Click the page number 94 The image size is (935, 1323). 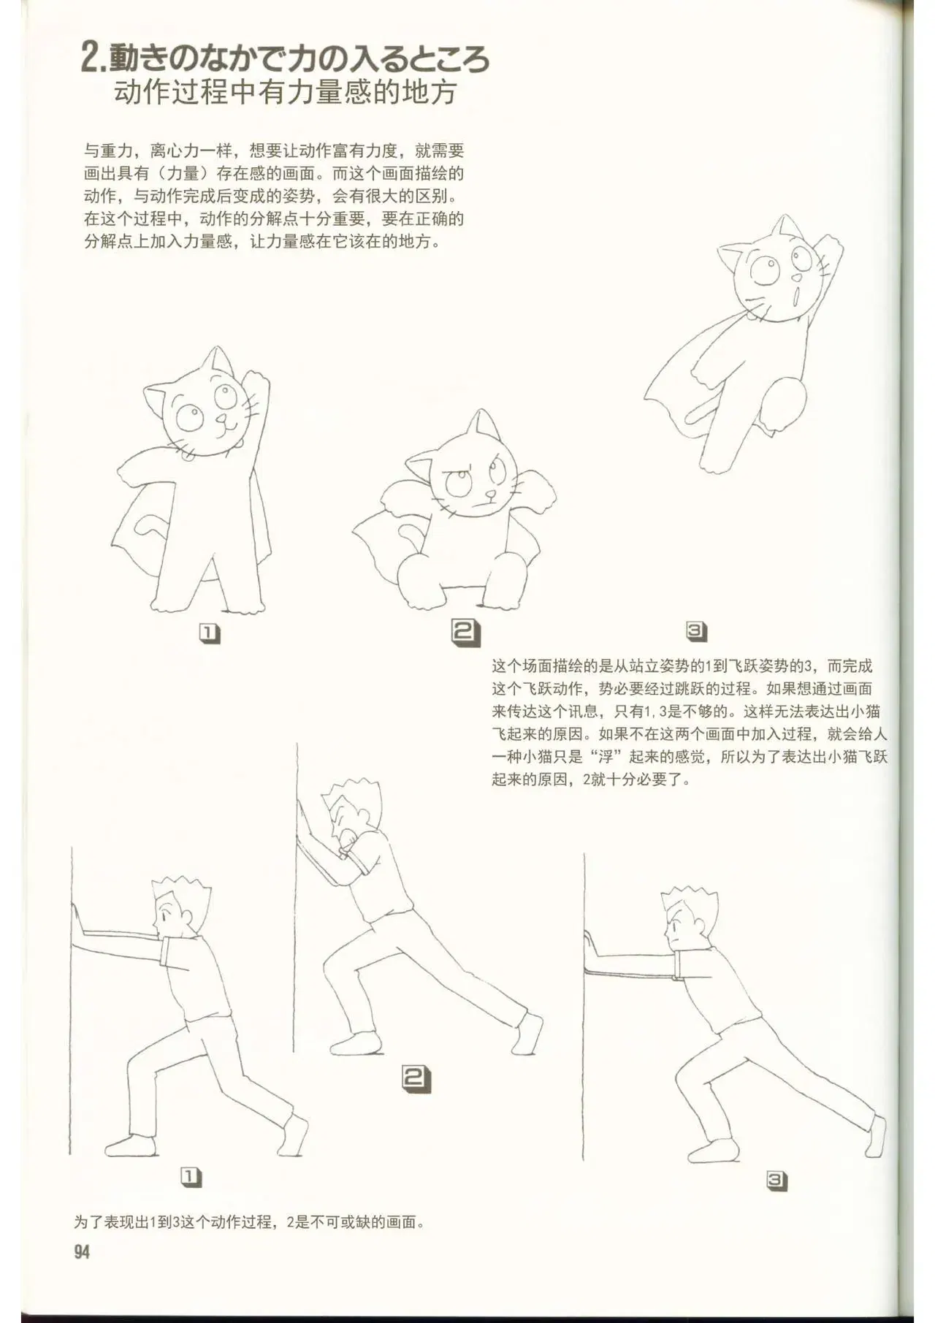pyautogui.click(x=82, y=1251)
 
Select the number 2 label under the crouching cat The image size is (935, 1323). pyautogui.click(x=466, y=633)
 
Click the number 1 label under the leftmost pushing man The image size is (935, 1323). pyautogui.click(x=191, y=1177)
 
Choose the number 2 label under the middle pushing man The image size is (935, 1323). pyautogui.click(x=416, y=1079)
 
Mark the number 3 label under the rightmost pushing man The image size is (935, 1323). pyautogui.click(x=776, y=1179)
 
